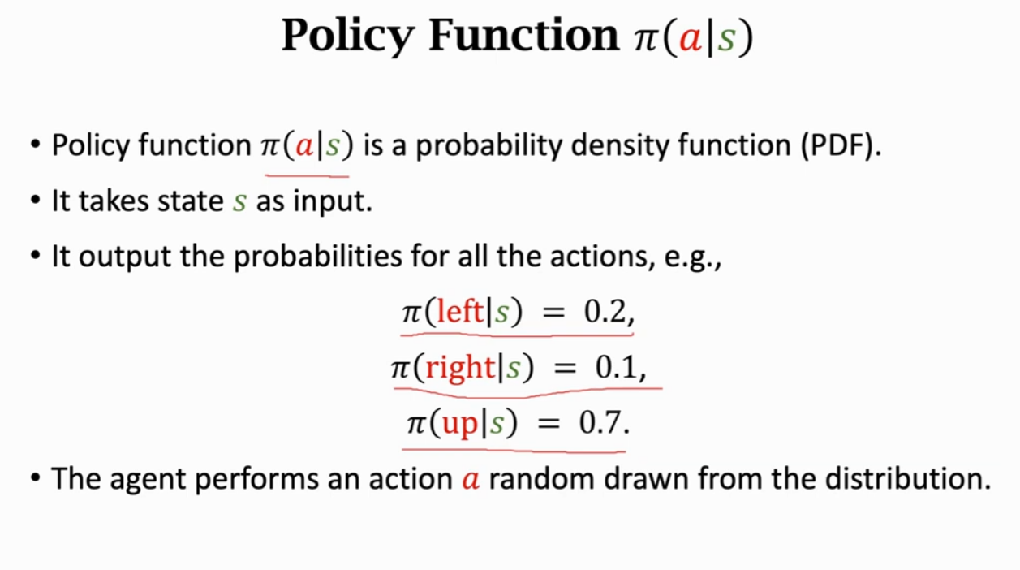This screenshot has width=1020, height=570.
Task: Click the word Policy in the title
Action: [x=348, y=37]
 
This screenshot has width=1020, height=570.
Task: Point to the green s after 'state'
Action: [x=239, y=202]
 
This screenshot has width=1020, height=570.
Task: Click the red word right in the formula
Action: [x=460, y=369]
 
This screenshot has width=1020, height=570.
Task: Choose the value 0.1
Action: [x=618, y=369]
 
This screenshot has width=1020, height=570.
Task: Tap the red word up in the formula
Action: [x=460, y=424]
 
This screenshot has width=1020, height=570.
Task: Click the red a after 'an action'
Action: [x=471, y=479]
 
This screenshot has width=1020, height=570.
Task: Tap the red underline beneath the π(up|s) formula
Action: [x=515, y=447]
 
